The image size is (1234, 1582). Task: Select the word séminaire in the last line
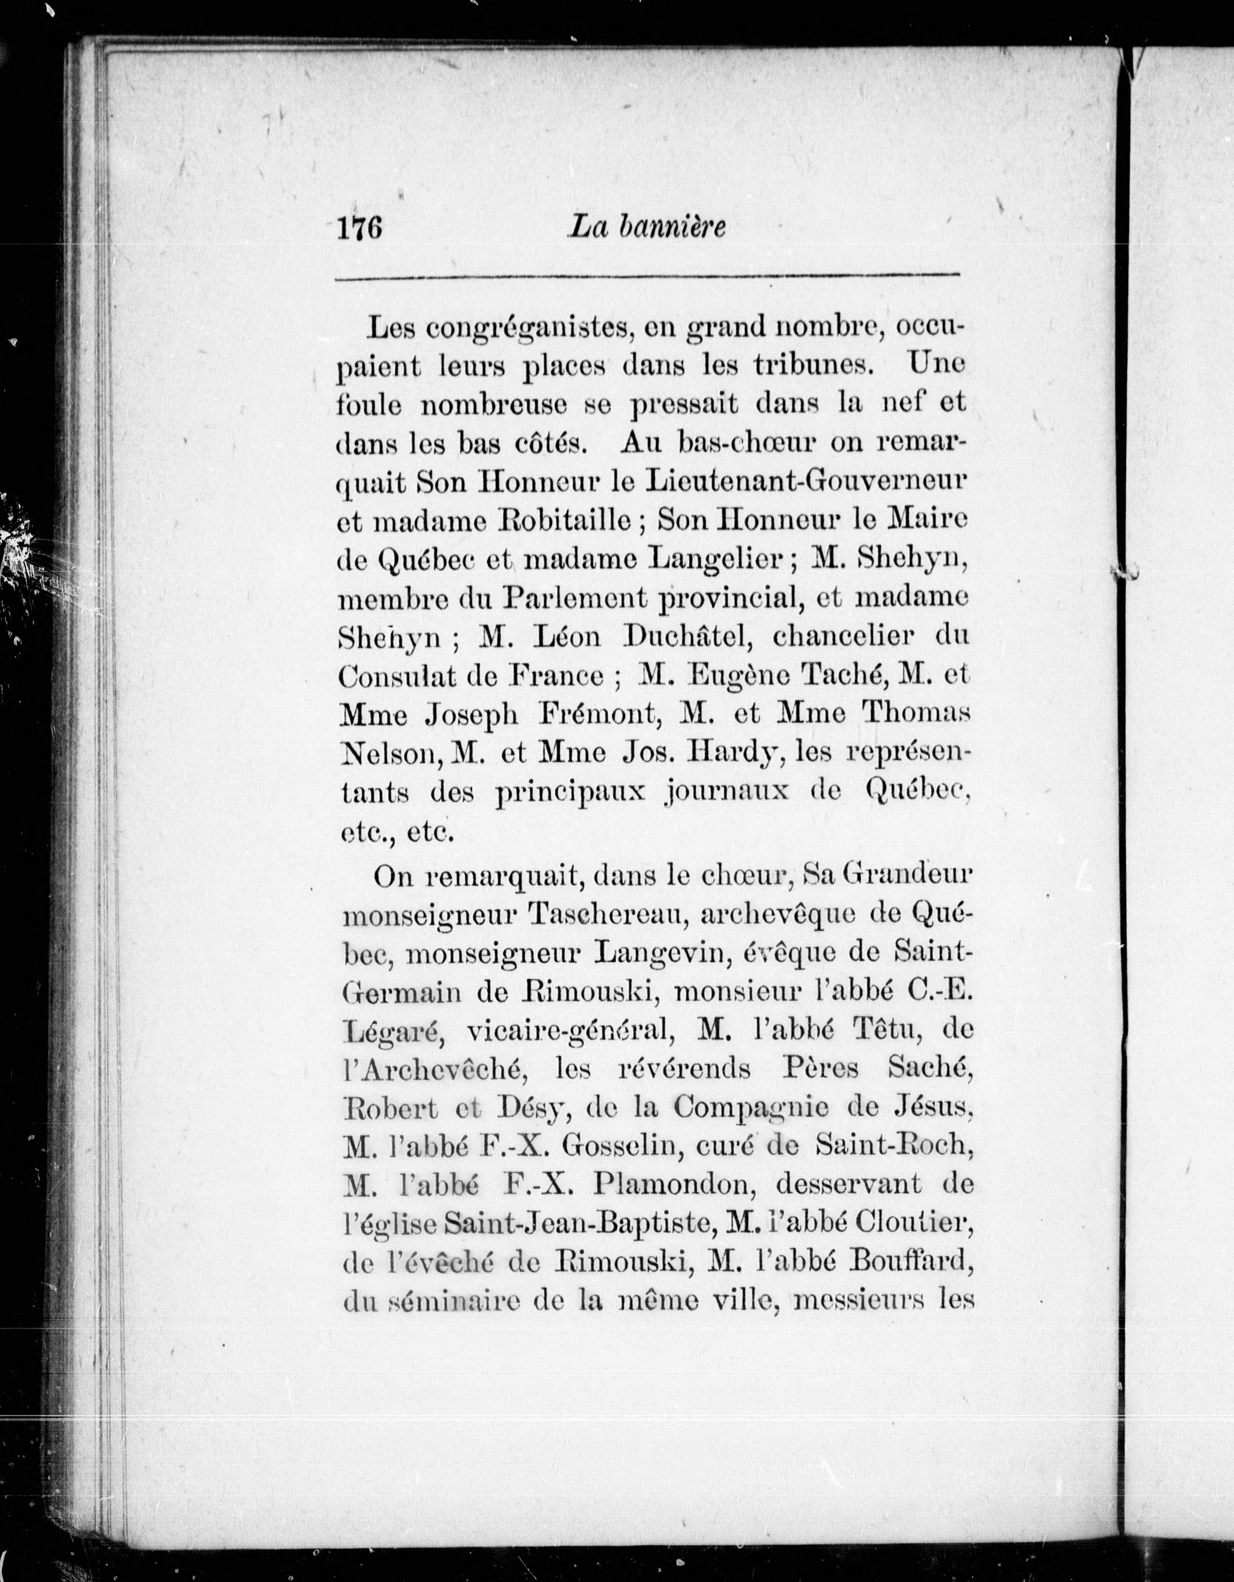click(452, 1302)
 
